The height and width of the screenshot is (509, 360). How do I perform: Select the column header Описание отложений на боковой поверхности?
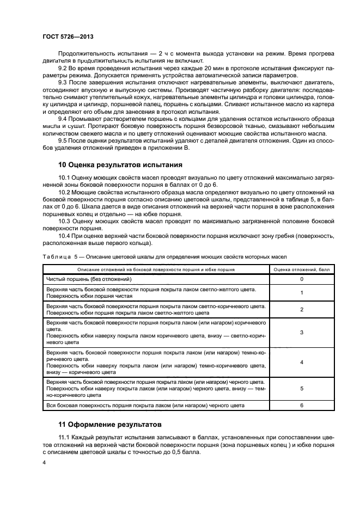tap(156, 269)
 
